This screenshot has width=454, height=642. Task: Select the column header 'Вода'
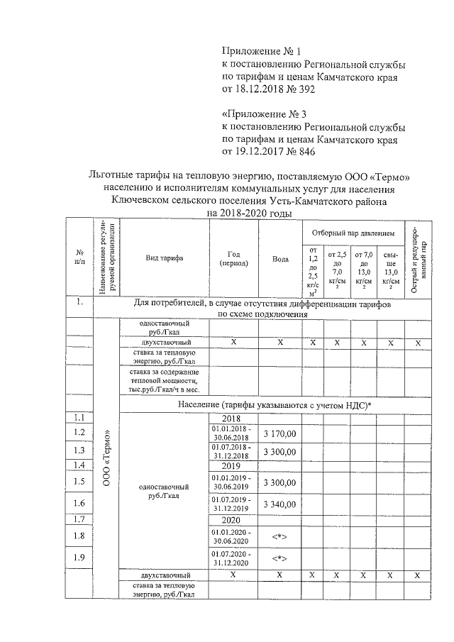(x=280, y=258)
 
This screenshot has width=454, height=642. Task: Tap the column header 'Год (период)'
(x=234, y=258)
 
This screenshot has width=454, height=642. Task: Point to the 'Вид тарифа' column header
(x=165, y=258)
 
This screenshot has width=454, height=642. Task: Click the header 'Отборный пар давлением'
(x=353, y=233)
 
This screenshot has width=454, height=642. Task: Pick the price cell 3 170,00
(x=280, y=433)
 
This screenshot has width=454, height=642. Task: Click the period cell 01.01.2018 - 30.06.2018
(x=234, y=433)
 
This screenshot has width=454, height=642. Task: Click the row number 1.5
(x=79, y=482)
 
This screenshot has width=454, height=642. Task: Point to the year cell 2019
(x=233, y=467)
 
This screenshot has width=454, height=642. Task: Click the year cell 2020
(x=233, y=521)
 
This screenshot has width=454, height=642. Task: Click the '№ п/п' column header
(x=79, y=258)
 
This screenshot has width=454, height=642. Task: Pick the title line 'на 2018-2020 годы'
(x=249, y=213)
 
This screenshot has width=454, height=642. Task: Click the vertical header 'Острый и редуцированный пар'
(x=419, y=258)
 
